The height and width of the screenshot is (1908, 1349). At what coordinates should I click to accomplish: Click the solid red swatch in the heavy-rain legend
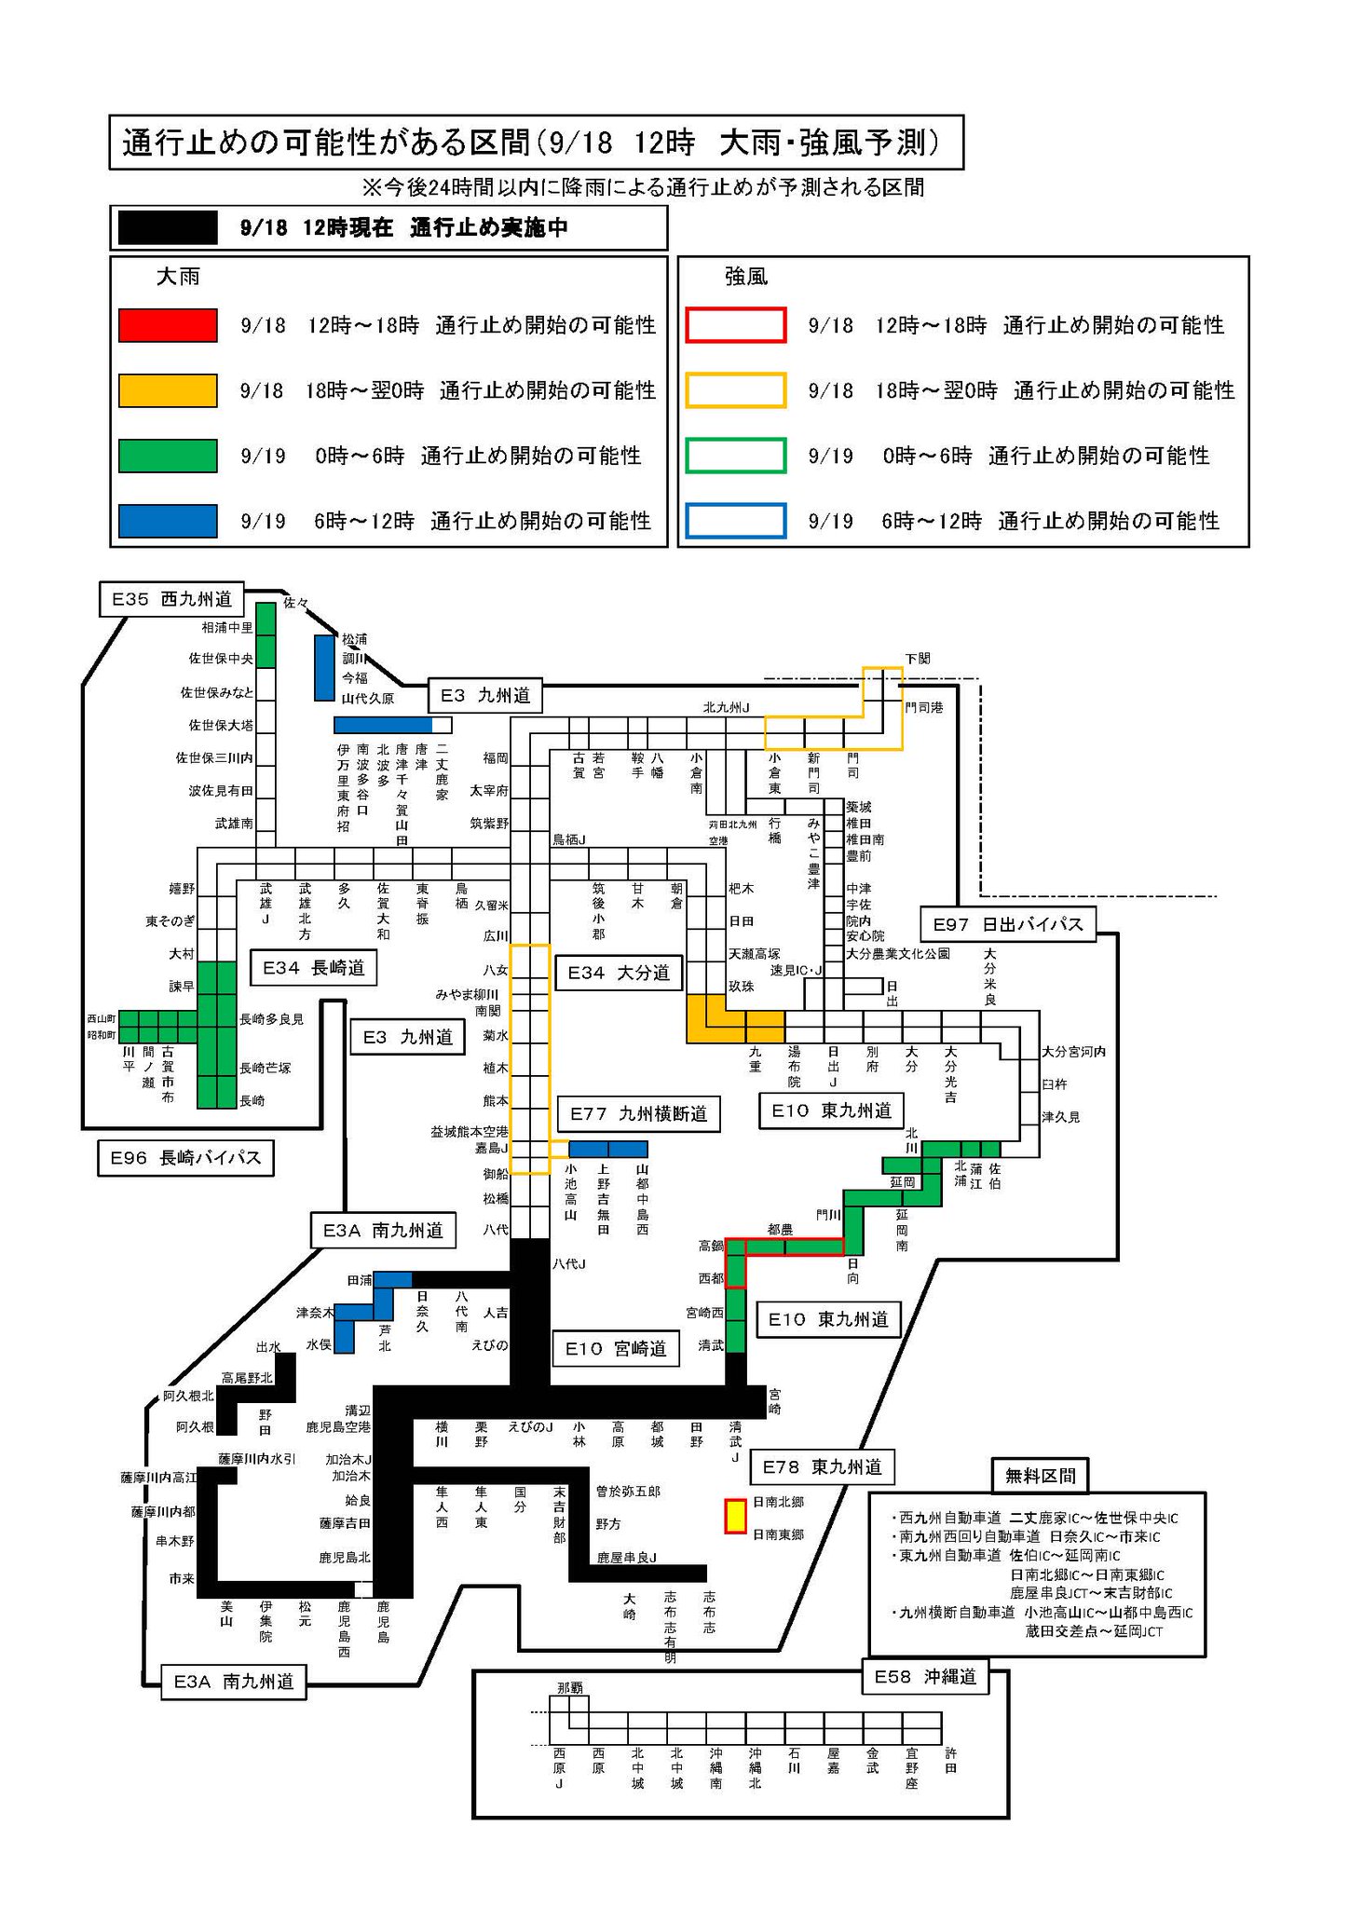click(168, 325)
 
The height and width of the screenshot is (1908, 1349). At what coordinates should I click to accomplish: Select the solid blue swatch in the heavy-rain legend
click(168, 521)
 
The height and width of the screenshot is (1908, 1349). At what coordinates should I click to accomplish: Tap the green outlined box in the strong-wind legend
click(735, 456)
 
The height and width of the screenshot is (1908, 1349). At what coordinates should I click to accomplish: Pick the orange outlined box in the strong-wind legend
click(735, 390)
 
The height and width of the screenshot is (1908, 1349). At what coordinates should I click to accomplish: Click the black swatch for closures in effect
click(168, 227)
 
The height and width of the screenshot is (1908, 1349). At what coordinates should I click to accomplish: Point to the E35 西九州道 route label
click(171, 599)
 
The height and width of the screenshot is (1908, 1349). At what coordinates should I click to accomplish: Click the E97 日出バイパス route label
click(1008, 924)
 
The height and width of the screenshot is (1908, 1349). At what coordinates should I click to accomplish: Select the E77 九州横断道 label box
click(638, 1113)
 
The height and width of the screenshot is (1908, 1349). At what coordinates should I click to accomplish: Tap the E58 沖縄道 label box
click(925, 1677)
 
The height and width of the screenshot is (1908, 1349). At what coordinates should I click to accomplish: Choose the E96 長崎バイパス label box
click(185, 1158)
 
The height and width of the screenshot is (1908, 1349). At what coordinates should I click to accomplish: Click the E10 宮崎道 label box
click(616, 1348)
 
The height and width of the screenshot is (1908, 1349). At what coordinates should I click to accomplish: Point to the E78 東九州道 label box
click(822, 1466)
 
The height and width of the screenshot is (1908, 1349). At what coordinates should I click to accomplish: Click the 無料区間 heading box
click(1040, 1476)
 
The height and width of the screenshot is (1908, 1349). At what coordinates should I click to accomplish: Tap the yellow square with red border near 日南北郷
click(736, 1516)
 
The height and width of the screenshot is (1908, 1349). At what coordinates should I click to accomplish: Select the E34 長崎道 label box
click(312, 968)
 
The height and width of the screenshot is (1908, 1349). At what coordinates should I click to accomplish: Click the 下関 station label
click(918, 658)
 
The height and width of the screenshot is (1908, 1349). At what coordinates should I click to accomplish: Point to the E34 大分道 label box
click(619, 973)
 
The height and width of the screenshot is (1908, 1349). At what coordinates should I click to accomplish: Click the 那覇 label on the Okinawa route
click(569, 1687)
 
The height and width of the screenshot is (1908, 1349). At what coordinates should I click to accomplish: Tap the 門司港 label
click(924, 707)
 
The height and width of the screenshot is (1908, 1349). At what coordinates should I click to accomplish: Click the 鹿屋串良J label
click(626, 1557)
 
